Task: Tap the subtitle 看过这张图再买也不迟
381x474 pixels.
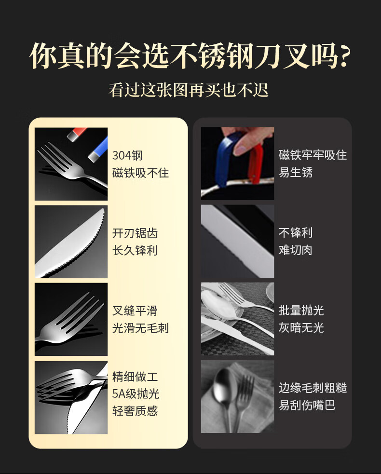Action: click(189, 90)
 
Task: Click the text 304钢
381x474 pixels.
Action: click(127, 155)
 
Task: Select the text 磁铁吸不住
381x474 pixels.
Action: click(141, 173)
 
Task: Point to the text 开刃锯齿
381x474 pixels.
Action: click(135, 233)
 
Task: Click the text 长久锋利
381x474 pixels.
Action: click(135, 250)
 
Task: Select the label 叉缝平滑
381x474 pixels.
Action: click(135, 311)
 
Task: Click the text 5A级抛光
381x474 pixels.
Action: click(136, 393)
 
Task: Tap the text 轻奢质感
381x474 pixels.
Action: click(135, 411)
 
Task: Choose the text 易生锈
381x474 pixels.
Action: click(296, 172)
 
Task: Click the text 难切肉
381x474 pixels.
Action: click(296, 250)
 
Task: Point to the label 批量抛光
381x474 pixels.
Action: click(301, 310)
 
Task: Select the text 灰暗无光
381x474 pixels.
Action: click(301, 327)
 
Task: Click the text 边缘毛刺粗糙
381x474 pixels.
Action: click(313, 388)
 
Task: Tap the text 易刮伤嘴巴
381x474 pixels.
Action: click(307, 405)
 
